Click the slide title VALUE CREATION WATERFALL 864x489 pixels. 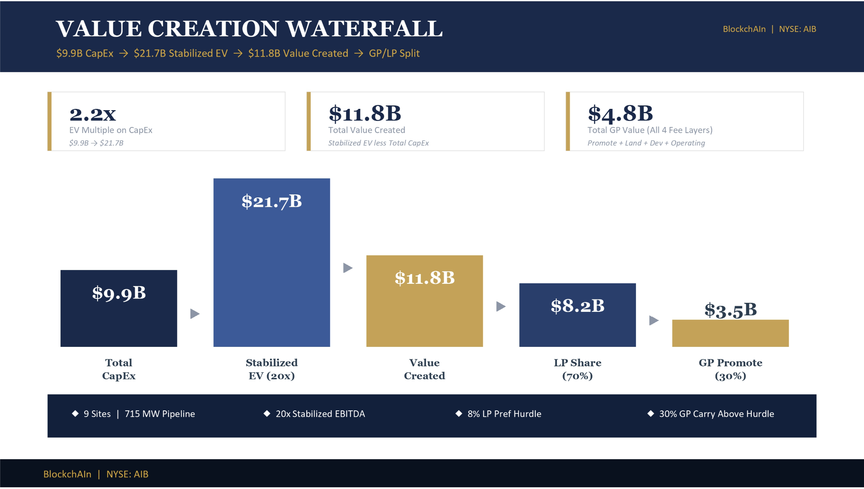[x=249, y=29]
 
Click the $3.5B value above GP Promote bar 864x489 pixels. [x=731, y=310]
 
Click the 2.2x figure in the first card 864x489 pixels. [x=93, y=114]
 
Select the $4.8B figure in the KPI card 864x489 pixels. [x=620, y=114]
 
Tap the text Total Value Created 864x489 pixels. [x=367, y=130]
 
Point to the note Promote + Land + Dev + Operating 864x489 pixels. [x=646, y=143]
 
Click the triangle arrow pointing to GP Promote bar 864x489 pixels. [x=654, y=321]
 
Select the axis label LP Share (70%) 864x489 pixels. [x=578, y=369]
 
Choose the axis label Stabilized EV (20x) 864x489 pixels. [x=272, y=369]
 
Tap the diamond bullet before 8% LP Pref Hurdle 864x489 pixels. [x=459, y=413]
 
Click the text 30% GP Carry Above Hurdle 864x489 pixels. [x=717, y=414]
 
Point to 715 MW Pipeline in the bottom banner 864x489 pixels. [x=160, y=414]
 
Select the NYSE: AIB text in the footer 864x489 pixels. [x=127, y=474]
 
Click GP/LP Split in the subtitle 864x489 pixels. [x=394, y=53]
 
